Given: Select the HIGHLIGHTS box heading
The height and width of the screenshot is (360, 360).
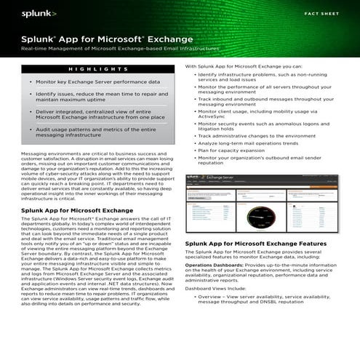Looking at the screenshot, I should click(x=98, y=69).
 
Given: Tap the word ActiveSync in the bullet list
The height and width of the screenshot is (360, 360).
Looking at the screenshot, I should click(x=212, y=117).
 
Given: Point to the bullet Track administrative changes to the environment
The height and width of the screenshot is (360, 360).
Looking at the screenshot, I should click(x=256, y=135).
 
